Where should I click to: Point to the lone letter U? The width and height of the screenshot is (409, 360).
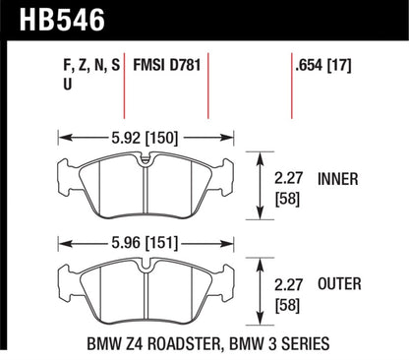(66, 87)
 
